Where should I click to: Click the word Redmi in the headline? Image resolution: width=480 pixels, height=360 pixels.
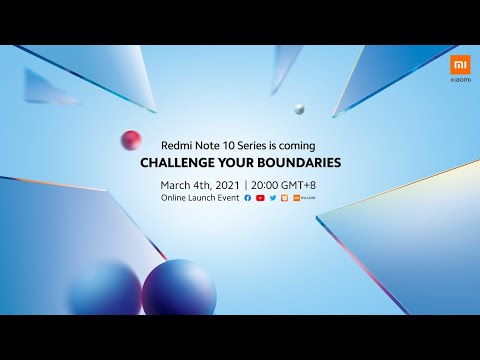(181, 143)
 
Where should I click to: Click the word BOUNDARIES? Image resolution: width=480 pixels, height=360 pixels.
(299, 161)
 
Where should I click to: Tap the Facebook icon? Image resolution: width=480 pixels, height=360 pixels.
(247, 199)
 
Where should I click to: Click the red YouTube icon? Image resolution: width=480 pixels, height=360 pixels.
(260, 199)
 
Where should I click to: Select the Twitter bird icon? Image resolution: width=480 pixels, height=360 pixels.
(272, 199)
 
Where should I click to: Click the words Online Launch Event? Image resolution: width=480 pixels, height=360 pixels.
(200, 199)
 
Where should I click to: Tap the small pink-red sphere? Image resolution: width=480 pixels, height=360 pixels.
(130, 140)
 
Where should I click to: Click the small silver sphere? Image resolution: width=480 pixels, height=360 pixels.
(299, 109)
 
